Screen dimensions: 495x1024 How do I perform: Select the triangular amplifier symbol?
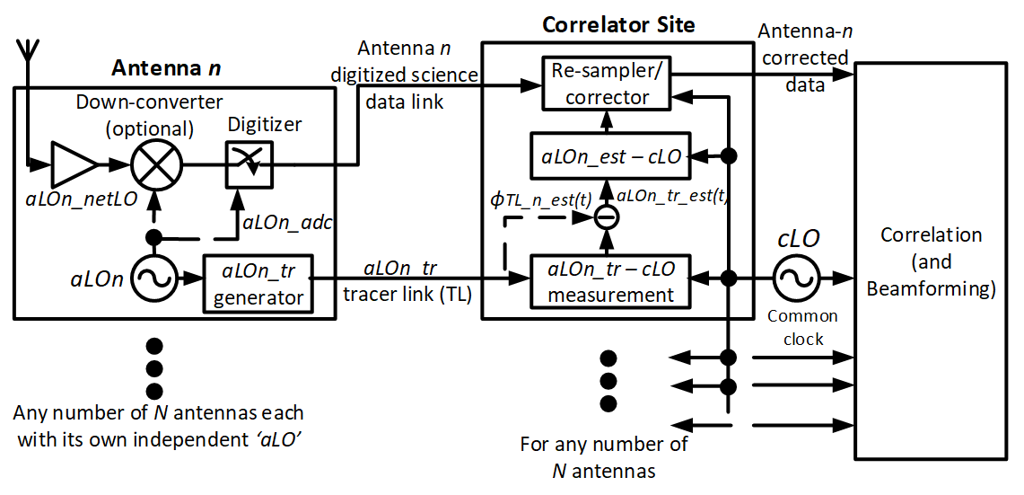[75, 165]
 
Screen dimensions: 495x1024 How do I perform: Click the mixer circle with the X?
[156, 165]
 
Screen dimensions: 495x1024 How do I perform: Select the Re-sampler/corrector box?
[608, 84]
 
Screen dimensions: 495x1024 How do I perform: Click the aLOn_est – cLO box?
[608, 156]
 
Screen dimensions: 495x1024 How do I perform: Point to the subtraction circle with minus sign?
[608, 217]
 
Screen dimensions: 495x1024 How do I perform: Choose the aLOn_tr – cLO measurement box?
[608, 281]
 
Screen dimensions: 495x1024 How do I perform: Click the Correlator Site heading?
[618, 24]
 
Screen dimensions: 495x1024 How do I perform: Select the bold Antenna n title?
[166, 68]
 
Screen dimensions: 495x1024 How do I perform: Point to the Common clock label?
[802, 328]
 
